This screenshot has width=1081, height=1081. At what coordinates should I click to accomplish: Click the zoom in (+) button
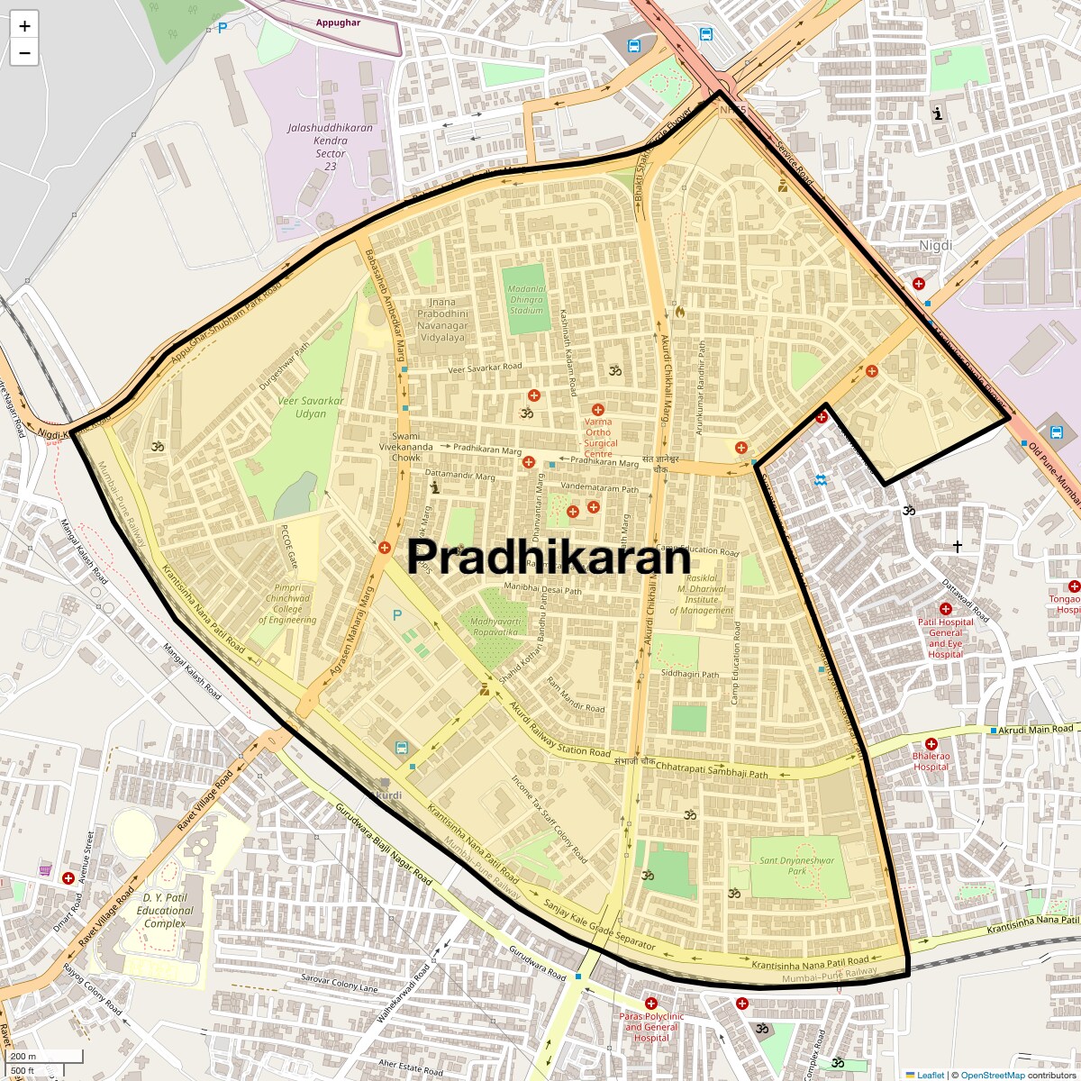tap(24, 26)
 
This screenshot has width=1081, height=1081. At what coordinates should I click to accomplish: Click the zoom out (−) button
tap(24, 53)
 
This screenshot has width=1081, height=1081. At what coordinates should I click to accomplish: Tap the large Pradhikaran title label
tap(549, 557)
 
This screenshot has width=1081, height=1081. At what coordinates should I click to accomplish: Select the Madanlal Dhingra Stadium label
tap(527, 300)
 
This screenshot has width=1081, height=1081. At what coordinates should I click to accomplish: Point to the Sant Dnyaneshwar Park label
tap(796, 866)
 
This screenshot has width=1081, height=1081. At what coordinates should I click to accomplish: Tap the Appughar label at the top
tap(338, 23)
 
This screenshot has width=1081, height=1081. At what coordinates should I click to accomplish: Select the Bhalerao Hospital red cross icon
tap(931, 745)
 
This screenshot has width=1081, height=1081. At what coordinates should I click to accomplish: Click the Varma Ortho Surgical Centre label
tap(599, 437)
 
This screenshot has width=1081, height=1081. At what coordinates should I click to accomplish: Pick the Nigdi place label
tap(935, 245)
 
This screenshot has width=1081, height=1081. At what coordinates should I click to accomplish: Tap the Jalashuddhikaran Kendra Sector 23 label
tap(331, 147)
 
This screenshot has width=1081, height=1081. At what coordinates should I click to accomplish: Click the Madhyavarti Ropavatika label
tap(495, 626)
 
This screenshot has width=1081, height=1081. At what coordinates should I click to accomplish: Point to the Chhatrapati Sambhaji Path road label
tap(712, 768)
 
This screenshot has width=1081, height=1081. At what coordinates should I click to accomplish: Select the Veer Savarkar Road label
tap(485, 368)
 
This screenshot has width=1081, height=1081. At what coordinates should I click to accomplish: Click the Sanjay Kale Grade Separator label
tap(599, 925)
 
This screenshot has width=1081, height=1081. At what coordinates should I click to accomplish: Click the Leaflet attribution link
tap(931, 1075)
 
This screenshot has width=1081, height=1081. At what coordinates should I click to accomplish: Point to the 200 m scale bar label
tap(24, 1057)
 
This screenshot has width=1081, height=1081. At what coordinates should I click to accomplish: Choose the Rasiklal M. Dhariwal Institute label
tap(702, 595)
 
